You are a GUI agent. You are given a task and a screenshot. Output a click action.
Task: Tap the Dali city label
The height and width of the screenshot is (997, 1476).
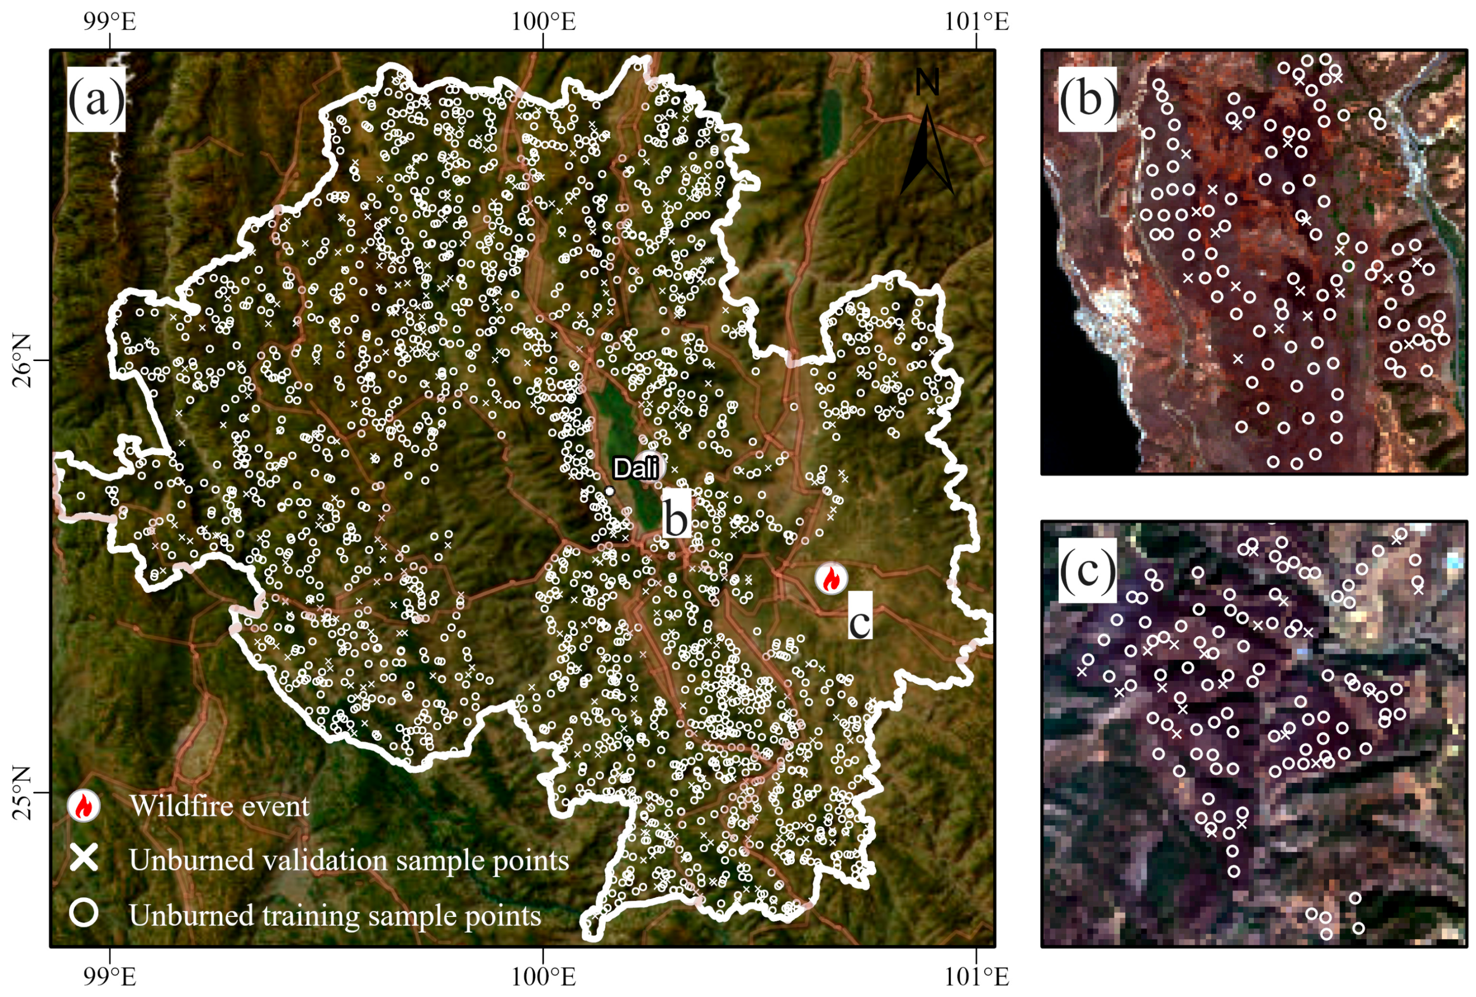[635, 468]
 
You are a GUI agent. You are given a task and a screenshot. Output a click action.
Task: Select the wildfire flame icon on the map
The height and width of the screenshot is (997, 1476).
[831, 579]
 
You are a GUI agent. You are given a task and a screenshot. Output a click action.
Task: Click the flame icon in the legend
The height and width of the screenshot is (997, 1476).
[84, 806]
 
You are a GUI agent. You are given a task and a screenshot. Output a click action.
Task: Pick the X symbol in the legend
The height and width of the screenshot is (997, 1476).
[84, 860]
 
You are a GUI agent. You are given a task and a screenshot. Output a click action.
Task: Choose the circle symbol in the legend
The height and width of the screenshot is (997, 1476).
[84, 913]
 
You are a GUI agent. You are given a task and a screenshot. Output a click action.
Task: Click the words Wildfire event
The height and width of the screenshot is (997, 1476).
[220, 806]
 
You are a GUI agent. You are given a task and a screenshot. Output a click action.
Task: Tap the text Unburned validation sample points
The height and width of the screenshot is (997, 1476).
[348, 861]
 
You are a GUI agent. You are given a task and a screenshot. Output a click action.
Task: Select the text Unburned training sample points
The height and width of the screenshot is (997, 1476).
[335, 915]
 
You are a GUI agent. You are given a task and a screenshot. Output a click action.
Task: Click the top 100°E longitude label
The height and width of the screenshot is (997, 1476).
[544, 22]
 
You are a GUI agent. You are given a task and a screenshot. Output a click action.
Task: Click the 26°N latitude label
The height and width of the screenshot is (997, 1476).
[22, 360]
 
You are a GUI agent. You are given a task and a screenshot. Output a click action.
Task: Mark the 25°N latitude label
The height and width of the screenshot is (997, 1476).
[22, 793]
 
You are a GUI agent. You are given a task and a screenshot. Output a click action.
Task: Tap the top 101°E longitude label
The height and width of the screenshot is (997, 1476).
[976, 22]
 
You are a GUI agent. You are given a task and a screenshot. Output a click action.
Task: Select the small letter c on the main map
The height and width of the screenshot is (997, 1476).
[860, 622]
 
